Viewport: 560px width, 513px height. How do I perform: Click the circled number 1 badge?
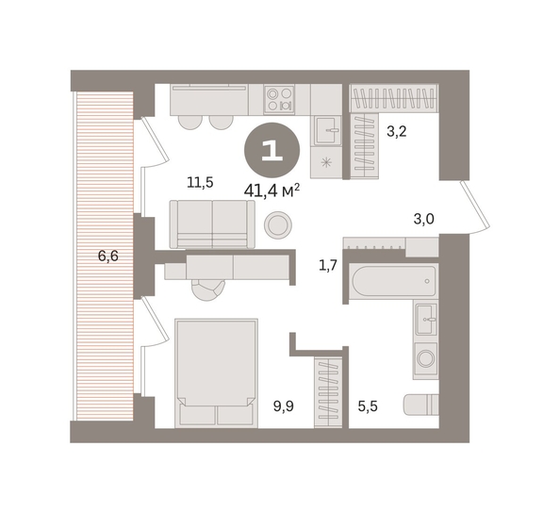tap(272, 151)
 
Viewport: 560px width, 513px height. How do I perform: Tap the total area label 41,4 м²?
tap(272, 190)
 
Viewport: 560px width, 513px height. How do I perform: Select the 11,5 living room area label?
tap(200, 183)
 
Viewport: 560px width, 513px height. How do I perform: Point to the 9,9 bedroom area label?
tap(284, 405)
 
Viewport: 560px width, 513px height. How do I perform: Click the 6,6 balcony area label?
tap(107, 256)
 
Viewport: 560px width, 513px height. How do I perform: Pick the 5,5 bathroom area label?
tap(368, 406)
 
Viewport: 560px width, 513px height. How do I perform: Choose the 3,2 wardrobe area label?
tap(397, 132)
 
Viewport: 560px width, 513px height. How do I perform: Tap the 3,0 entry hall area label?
tap(424, 219)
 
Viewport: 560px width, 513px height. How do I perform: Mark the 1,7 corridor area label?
tap(328, 265)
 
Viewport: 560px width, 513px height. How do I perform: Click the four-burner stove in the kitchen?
tap(279, 99)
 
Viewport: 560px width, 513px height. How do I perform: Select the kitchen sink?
tap(328, 130)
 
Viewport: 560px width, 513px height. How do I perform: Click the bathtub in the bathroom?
tap(393, 281)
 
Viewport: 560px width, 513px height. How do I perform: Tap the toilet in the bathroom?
tap(421, 405)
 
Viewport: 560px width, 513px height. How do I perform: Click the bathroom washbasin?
tap(426, 319)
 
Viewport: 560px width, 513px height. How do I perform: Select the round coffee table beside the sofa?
tap(278, 224)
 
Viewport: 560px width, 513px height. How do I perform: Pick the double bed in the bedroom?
tap(216, 373)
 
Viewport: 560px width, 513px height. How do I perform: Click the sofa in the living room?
tap(212, 224)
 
